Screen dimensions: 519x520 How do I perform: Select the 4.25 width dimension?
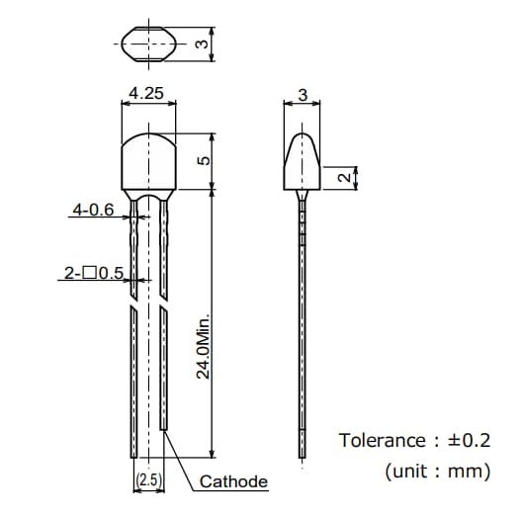point(147,97)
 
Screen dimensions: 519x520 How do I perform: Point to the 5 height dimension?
point(205,160)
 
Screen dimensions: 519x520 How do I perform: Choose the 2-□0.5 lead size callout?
point(85,273)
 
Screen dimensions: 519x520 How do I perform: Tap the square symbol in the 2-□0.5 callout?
point(88,273)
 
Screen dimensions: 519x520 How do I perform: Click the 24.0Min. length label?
point(204,347)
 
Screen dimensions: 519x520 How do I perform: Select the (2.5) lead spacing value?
point(148,480)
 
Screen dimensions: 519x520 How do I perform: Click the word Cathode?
point(233,481)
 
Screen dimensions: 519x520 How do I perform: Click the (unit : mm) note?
point(437,472)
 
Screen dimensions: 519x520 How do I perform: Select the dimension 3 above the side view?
point(303,96)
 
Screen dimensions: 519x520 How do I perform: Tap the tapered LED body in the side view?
point(303,163)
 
